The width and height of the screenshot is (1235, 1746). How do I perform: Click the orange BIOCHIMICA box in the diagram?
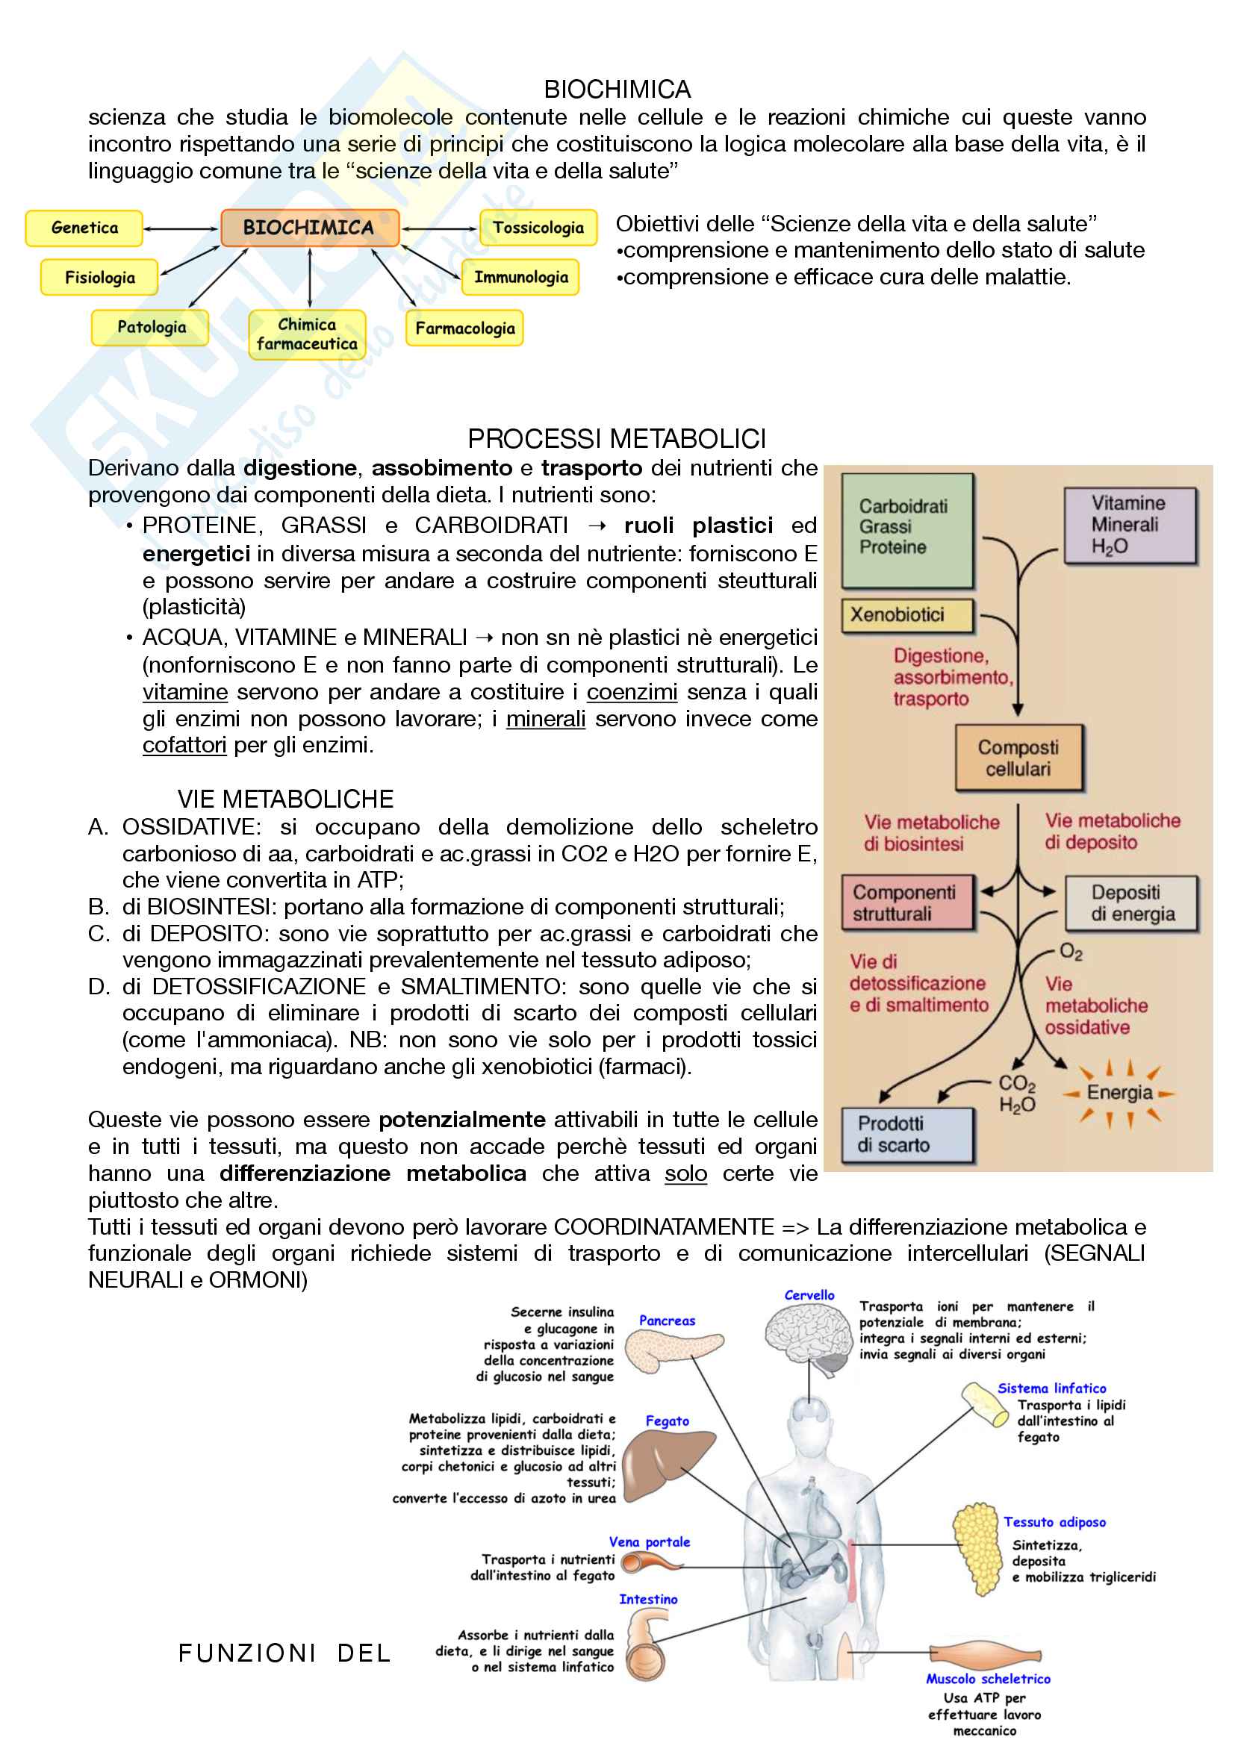(x=310, y=228)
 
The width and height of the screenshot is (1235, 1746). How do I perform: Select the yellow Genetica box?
(x=84, y=228)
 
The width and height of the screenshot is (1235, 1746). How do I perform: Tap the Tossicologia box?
(x=538, y=228)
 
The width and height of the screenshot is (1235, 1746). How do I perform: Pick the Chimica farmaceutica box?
(x=306, y=334)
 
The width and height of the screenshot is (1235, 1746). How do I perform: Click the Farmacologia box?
(x=464, y=328)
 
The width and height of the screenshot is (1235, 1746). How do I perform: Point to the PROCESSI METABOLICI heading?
(x=616, y=439)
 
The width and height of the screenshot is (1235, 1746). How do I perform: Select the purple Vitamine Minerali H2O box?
(x=1130, y=525)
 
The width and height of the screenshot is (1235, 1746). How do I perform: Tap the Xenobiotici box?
(x=906, y=615)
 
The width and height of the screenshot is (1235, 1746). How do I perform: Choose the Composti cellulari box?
(x=1018, y=758)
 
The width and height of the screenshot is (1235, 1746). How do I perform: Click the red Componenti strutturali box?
(x=907, y=902)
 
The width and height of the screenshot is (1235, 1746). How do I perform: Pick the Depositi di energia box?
(x=1131, y=903)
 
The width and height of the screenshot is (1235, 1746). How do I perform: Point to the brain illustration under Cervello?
(x=808, y=1338)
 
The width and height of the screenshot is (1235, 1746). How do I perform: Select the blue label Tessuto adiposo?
(x=1054, y=1521)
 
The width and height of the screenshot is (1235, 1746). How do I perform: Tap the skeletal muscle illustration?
(x=984, y=1655)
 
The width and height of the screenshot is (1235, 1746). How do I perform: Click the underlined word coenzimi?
(x=632, y=692)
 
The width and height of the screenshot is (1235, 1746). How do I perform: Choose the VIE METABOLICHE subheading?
(x=285, y=799)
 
